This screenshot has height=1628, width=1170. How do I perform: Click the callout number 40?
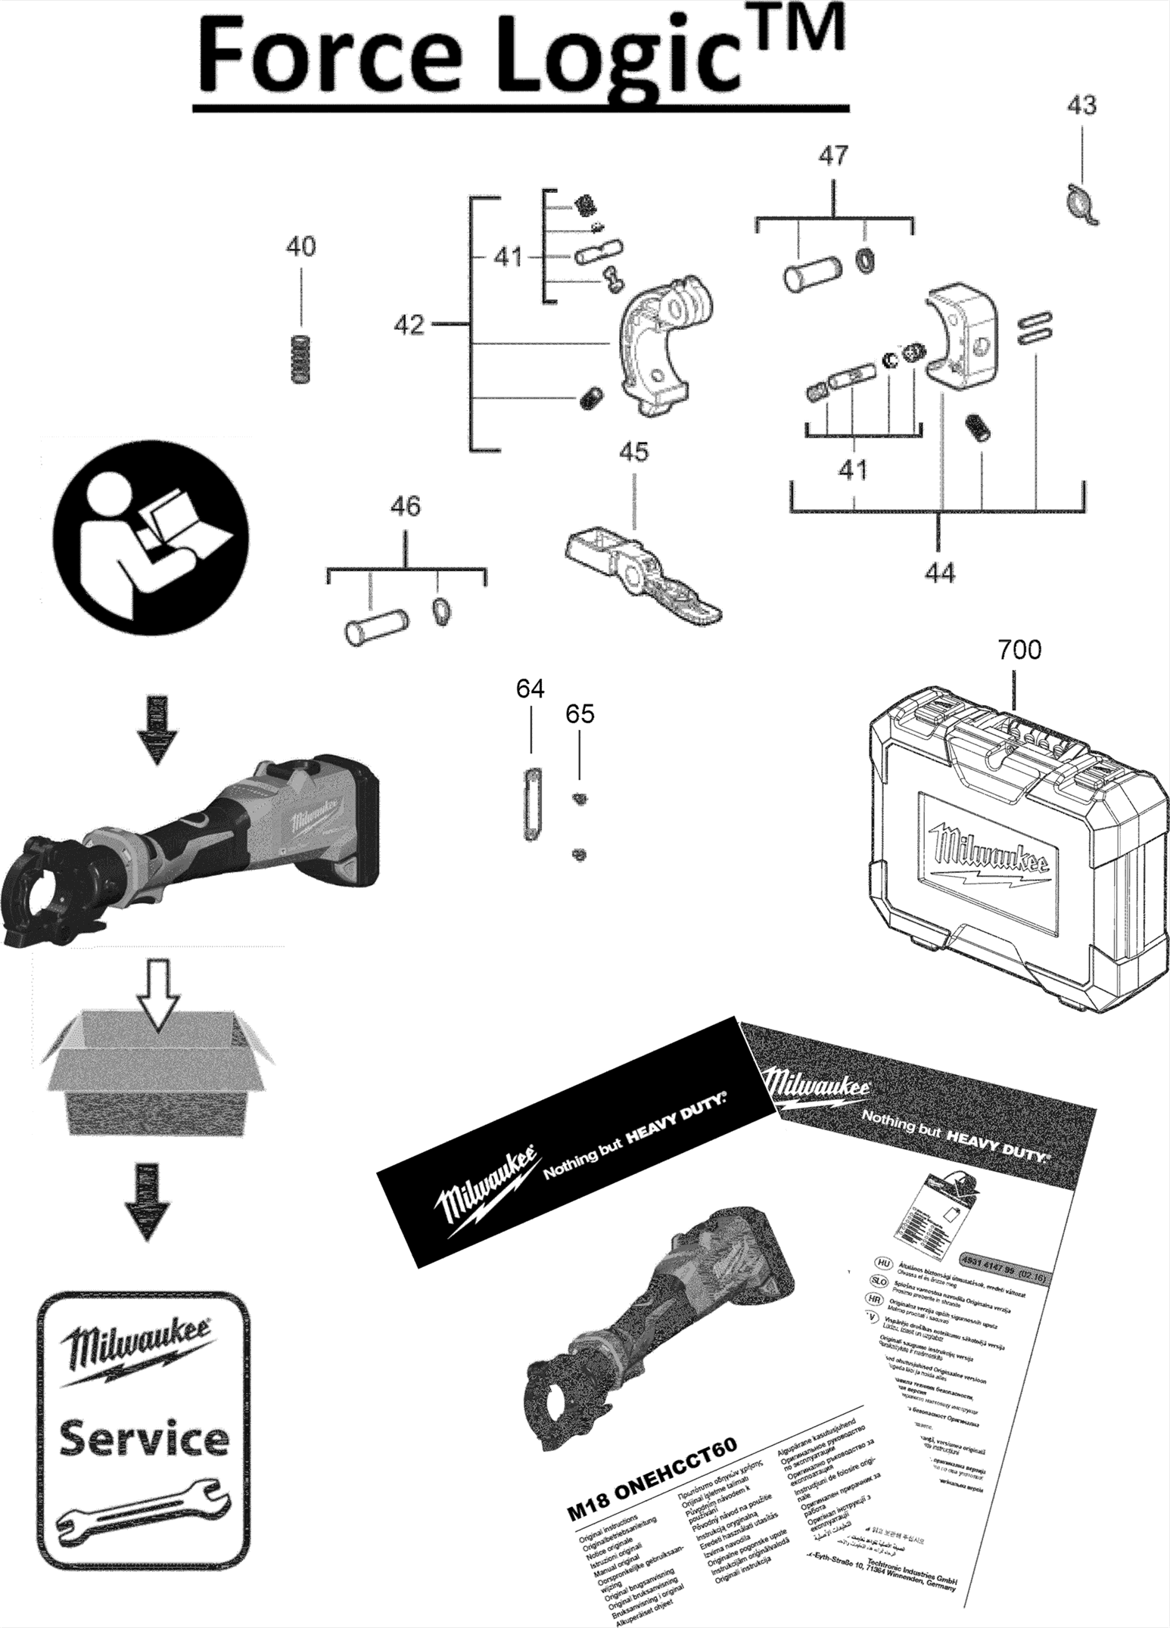click(x=300, y=247)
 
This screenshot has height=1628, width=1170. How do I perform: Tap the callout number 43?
click(x=1081, y=105)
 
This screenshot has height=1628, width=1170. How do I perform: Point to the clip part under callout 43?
click(x=1082, y=204)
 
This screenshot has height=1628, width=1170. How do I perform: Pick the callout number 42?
click(x=409, y=325)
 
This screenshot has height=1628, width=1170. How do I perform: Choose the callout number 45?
click(x=633, y=452)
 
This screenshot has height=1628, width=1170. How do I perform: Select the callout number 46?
click(x=405, y=506)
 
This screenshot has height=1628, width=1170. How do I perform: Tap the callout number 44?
click(x=939, y=573)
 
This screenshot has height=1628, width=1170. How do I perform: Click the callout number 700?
click(x=1019, y=650)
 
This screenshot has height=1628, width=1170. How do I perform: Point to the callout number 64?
click(x=530, y=688)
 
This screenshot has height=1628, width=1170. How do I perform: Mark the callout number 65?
click(x=580, y=713)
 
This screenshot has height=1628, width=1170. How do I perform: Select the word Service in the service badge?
click(x=144, y=1438)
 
